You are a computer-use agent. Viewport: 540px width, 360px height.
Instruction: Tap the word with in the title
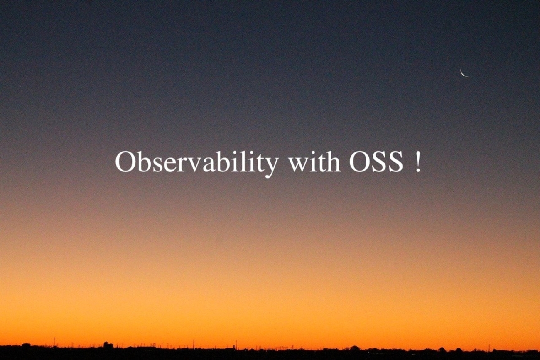point(314,161)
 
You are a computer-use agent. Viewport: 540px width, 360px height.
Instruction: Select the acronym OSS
point(376,162)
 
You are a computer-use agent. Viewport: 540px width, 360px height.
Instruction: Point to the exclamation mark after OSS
point(418,162)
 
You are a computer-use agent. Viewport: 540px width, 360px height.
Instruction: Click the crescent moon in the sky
point(462,73)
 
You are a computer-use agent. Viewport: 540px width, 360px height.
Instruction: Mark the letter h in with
point(332,161)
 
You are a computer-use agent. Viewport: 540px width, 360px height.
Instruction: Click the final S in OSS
point(395,162)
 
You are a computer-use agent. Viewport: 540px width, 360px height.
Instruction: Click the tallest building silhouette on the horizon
point(108,345)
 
